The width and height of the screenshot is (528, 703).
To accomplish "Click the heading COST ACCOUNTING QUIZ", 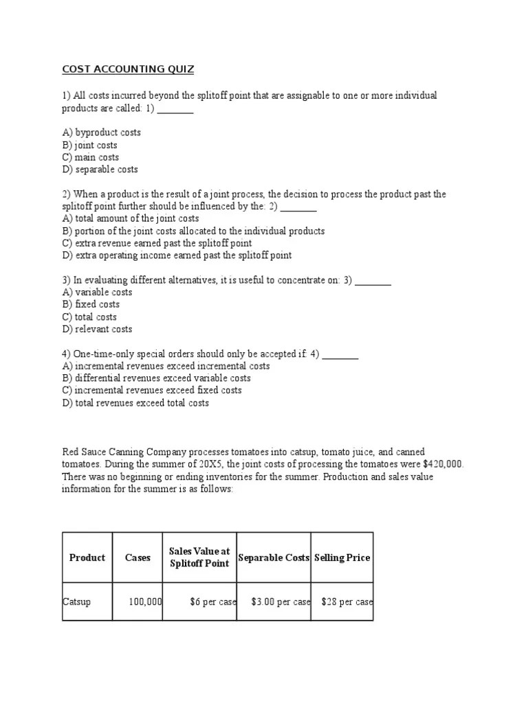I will click(128, 69).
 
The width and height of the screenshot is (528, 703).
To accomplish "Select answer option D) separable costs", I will click(100, 170).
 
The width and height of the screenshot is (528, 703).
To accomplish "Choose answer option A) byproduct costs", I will click(101, 132).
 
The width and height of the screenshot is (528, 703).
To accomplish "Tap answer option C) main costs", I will click(90, 157).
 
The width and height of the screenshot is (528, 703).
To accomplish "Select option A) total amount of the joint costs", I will click(130, 219).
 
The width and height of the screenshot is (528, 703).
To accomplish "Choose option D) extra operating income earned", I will click(177, 255).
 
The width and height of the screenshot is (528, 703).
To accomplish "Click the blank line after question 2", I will click(298, 207).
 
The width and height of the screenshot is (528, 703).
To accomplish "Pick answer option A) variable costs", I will click(97, 292).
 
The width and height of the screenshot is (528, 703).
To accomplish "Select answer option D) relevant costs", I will click(97, 330).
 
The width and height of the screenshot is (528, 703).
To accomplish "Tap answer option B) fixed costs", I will click(91, 305).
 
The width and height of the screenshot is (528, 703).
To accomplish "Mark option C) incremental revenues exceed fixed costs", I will click(152, 391).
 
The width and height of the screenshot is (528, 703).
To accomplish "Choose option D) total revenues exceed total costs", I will click(135, 403).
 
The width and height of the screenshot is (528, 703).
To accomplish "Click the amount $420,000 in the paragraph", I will click(441, 464).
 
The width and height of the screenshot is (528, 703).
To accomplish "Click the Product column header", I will click(87, 557).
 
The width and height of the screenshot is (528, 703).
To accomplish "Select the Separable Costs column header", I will click(274, 557).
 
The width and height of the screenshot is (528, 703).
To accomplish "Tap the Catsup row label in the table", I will click(76, 602).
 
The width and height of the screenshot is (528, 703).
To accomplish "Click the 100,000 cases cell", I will click(145, 602).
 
